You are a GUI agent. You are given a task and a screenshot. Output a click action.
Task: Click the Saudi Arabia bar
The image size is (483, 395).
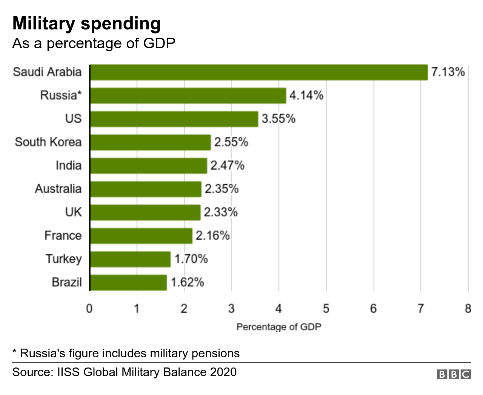[259, 72]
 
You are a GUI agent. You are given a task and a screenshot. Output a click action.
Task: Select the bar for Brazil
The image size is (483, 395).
[128, 283]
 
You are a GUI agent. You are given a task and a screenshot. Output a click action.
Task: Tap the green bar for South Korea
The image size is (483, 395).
[150, 142]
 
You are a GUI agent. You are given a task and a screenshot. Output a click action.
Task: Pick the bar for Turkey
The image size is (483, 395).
[130, 259]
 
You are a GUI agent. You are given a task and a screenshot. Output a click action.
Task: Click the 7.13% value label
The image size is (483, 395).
[448, 72]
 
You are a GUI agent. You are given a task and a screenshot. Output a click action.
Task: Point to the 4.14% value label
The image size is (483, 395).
[306, 95]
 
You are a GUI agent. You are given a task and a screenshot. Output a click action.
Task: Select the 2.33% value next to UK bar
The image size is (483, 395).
[221, 212]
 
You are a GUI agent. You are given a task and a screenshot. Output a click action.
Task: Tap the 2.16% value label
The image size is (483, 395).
[212, 236]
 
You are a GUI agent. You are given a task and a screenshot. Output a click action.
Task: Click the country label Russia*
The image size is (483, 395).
[61, 95]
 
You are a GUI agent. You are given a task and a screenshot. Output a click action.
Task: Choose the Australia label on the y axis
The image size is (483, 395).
[58, 189]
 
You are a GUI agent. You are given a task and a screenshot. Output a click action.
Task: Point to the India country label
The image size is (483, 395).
[68, 165]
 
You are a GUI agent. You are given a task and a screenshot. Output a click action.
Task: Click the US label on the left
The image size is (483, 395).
[73, 119]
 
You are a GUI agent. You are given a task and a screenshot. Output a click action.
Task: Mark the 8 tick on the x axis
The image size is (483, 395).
[468, 309]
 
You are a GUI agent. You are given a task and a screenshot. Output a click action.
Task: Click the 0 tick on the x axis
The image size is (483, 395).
[89, 309]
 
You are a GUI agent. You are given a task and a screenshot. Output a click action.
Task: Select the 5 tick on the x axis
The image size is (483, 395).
[326, 309]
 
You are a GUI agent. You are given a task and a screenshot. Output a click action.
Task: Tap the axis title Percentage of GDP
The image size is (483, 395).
[278, 327]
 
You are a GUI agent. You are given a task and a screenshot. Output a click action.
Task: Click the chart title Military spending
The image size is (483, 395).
[86, 23]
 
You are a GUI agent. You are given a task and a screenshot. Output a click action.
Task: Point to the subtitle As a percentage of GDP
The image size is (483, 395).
[94, 43]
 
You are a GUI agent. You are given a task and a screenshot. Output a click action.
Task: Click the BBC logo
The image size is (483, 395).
[454, 374]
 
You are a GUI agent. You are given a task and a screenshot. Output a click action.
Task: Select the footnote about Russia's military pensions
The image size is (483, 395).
[126, 354]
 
